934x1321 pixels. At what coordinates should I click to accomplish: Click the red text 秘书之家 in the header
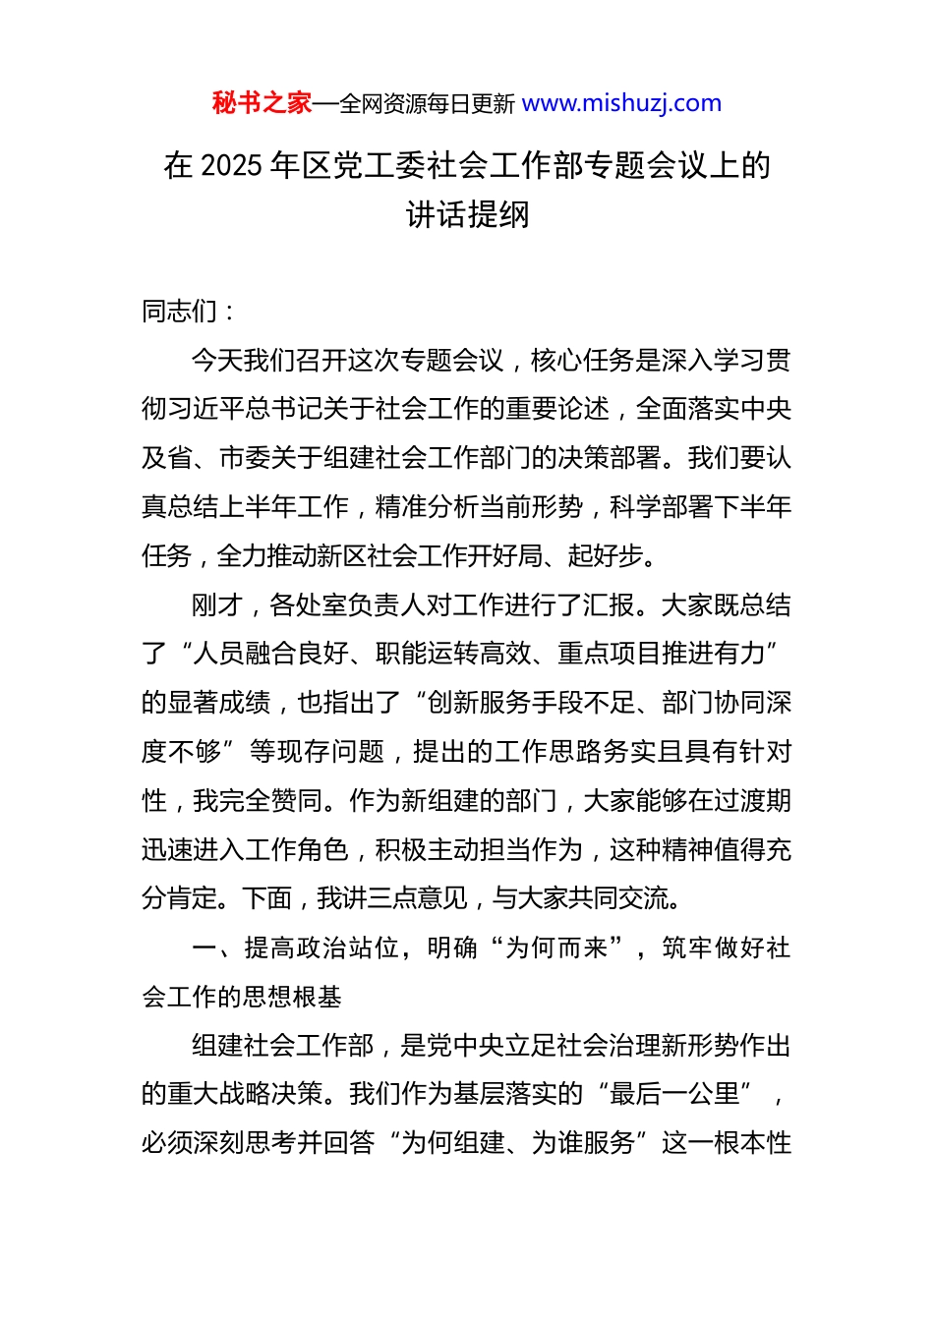click(262, 103)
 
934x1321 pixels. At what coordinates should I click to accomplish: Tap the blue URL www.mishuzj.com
click(621, 103)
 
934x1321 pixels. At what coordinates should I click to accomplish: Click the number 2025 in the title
click(231, 166)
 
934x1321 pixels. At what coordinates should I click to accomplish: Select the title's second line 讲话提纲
click(467, 214)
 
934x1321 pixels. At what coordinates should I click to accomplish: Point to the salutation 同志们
click(180, 312)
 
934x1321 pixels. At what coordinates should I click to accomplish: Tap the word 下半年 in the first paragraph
click(753, 507)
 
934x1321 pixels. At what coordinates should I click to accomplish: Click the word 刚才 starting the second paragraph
click(216, 605)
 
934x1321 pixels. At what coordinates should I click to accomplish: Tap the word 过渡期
click(753, 801)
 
